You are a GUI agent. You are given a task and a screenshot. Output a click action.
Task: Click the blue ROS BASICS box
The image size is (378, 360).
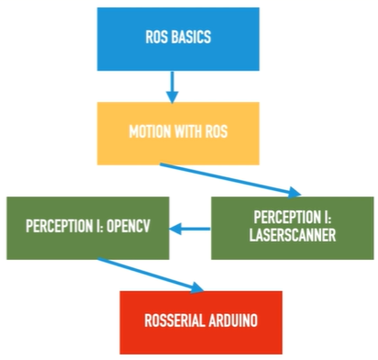178,39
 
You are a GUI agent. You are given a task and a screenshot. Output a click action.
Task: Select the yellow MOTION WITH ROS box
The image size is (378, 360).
178,133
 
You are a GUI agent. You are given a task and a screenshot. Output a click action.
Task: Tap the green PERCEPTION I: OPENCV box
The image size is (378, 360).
88,228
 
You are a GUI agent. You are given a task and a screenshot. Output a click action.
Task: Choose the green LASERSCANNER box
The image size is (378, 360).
293,228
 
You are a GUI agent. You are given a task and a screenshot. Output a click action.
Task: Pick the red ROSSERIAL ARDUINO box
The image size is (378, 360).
201,322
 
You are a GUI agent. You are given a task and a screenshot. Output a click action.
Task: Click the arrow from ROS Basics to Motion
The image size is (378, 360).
172,87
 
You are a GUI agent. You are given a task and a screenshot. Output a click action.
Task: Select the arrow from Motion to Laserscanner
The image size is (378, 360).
230,180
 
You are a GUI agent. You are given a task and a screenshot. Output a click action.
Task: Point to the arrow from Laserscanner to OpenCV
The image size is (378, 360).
190,229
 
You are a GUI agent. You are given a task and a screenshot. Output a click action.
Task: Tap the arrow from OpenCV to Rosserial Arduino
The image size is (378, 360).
150,276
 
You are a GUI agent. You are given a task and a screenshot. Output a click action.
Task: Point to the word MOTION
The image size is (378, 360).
150,131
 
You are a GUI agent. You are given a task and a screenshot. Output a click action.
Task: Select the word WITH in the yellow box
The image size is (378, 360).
188,131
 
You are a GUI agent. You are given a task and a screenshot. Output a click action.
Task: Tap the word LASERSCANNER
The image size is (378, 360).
293,235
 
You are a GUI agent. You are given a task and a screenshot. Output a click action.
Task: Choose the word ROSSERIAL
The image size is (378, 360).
174,321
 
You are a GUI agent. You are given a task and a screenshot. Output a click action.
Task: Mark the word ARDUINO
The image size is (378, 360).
233,321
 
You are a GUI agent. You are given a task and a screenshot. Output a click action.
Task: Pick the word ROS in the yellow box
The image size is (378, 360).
217,131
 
